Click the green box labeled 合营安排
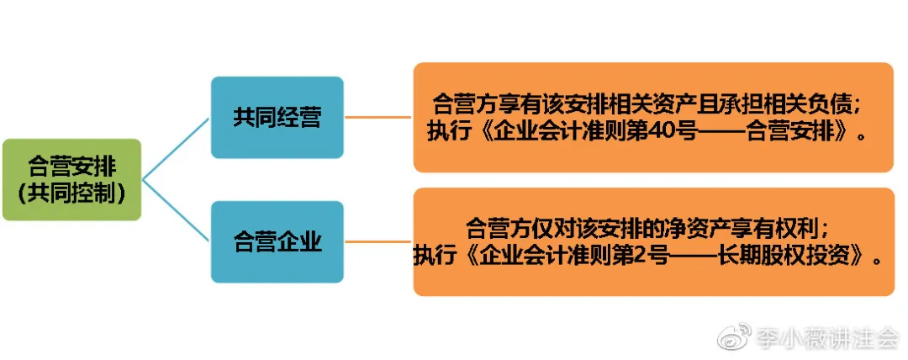click(71, 179)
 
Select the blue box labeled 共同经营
click(277, 117)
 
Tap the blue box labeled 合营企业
click(277, 242)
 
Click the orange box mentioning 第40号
click(652, 117)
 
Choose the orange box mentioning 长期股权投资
click(652, 242)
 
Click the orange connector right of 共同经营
click(378, 117)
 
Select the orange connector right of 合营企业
click(378, 242)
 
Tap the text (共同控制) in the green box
click(71, 194)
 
